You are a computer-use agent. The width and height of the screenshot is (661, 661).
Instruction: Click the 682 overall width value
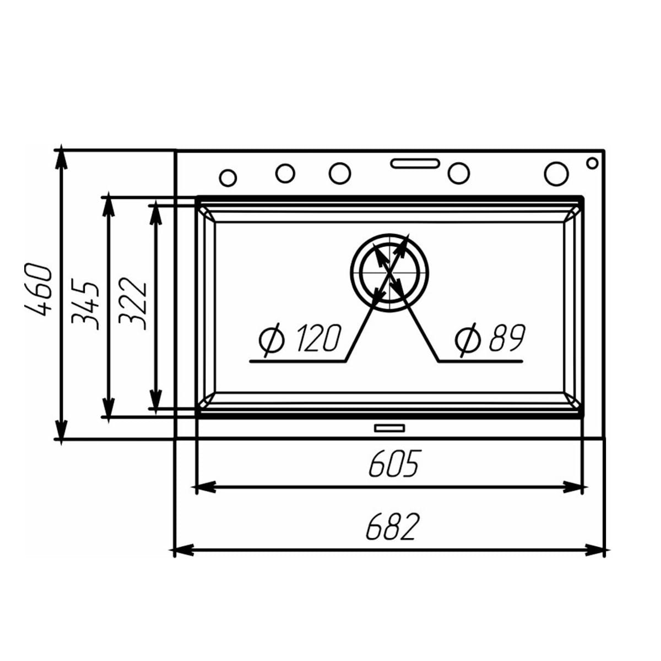tap(392, 527)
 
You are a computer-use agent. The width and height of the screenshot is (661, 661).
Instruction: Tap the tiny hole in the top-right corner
tap(592, 162)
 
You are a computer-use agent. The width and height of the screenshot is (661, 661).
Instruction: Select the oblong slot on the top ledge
tap(415, 163)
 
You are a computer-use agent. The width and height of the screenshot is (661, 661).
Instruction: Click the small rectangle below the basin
tap(389, 427)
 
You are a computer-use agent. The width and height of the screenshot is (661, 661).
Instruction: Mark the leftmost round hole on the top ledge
tap(227, 177)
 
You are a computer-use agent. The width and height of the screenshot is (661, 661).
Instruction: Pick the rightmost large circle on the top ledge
tap(556, 173)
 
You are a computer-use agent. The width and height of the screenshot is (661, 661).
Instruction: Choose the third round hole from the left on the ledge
tap(340, 174)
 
